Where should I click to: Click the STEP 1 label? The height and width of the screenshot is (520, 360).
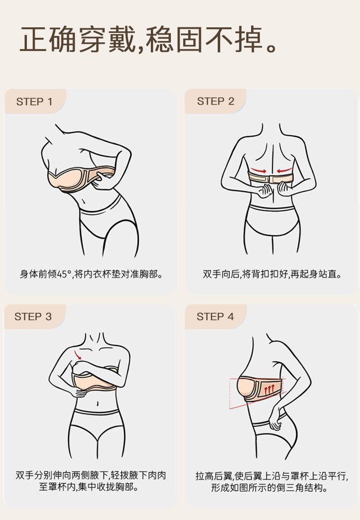pyautogui.click(x=34, y=102)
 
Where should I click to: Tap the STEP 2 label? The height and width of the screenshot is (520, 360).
pyautogui.click(x=216, y=101)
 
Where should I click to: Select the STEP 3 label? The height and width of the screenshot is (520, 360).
pyautogui.click(x=33, y=316)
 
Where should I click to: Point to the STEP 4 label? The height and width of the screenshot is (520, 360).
pyautogui.click(x=216, y=316)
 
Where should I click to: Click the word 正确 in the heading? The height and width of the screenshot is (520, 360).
pyautogui.click(x=49, y=40)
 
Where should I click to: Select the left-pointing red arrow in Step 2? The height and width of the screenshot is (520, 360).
pyautogui.click(x=284, y=171)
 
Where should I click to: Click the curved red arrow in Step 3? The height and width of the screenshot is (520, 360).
pyautogui.click(x=78, y=355)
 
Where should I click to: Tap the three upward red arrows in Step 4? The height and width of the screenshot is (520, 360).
pyautogui.click(x=269, y=389)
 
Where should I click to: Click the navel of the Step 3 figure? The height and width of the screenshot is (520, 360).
pyautogui.click(x=98, y=403)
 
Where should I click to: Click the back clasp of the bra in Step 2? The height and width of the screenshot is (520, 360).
pyautogui.click(x=270, y=179)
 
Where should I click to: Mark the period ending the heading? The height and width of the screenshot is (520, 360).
pyautogui.click(x=271, y=47)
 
